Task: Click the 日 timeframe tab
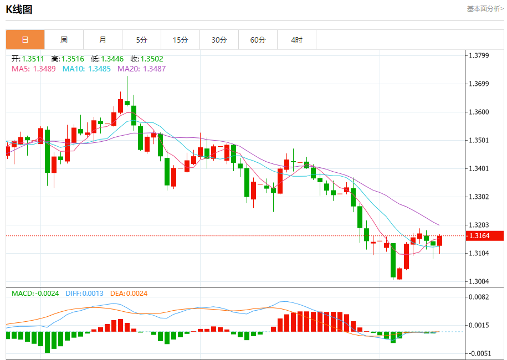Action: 25,40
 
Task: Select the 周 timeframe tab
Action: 64,40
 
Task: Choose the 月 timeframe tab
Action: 103,40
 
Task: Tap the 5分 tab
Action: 141,40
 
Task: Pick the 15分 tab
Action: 180,40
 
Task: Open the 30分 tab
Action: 219,40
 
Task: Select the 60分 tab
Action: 258,40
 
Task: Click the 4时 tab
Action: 296,40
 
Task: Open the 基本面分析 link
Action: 485,9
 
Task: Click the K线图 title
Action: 19,9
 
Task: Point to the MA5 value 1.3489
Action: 33,69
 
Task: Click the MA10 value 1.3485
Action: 86,69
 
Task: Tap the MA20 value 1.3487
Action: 141,69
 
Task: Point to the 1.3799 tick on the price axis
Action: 479,55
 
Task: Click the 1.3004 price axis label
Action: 479,281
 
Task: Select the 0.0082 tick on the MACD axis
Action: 479,297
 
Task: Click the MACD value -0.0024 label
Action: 35,293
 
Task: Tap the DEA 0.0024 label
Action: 129,293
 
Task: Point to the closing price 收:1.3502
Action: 147,59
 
